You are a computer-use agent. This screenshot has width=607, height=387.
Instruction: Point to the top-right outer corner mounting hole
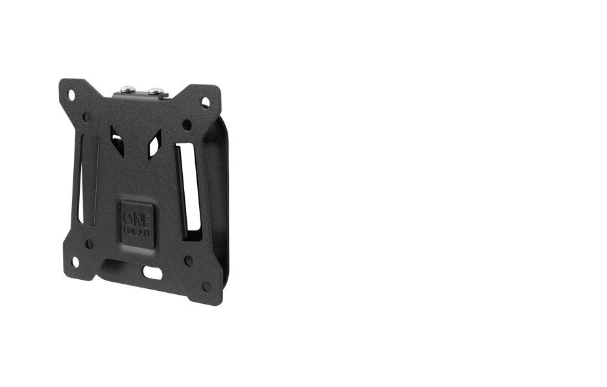point(205,102)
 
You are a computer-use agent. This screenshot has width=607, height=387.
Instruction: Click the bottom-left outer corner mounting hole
point(75,262)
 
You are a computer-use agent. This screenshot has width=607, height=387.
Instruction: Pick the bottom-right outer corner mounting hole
point(206,286)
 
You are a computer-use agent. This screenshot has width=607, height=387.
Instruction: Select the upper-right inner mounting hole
point(187,124)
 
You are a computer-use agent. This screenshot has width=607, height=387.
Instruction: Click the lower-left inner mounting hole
point(89,244)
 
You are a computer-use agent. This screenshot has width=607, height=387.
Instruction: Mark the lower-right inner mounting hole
point(188,260)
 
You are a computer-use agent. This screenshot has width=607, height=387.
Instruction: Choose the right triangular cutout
point(154,147)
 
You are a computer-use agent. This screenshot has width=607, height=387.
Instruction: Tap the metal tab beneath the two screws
point(140,97)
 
